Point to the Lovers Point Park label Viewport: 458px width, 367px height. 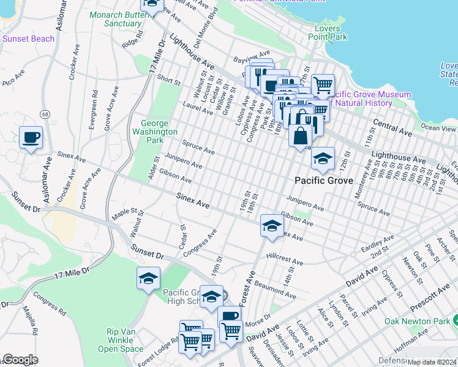[331, 32]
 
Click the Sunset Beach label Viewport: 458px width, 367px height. [28, 39]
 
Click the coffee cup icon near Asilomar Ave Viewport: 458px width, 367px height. [31, 138]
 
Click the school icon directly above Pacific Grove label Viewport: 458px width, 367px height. [323, 159]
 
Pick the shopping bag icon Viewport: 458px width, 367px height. [300, 135]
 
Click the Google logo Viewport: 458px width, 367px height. [20, 360]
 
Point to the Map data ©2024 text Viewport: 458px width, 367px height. [432, 362]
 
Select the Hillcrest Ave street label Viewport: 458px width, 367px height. [284, 259]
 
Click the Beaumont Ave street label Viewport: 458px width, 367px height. [274, 291]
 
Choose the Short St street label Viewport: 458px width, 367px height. [168, 80]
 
